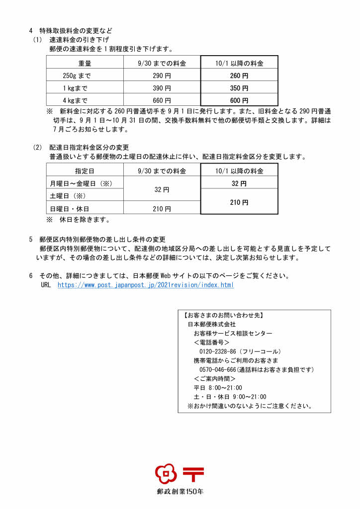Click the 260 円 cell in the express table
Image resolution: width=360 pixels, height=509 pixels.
[239, 76]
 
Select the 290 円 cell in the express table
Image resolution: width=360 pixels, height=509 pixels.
[162, 76]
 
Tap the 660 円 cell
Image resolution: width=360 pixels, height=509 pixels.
[162, 100]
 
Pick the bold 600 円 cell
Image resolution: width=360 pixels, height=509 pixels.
[239, 100]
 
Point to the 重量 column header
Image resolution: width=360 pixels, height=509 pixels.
[85, 64]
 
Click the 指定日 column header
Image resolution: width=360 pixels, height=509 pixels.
[85, 171]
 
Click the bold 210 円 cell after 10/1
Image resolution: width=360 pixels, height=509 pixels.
[239, 202]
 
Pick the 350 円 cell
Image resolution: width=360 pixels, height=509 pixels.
[239, 88]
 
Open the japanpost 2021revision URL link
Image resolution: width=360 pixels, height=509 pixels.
[145, 285]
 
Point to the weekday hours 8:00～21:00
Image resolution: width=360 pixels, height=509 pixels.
[225, 388]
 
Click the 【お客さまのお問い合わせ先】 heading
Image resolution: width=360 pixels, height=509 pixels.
[223, 315]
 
